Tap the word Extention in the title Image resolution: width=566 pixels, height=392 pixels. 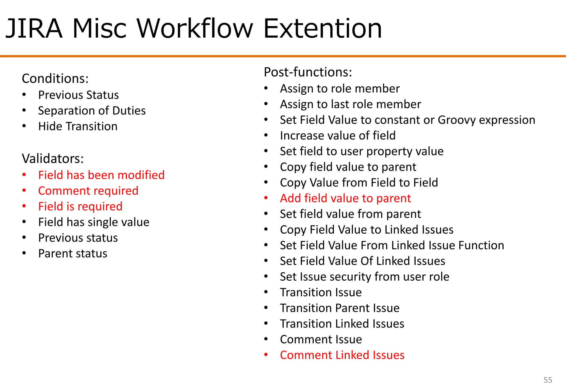pyautogui.click(x=323, y=28)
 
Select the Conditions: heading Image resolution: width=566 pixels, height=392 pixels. pyautogui.click(x=55, y=79)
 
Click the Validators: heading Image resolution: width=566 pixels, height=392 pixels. pyautogui.click(x=53, y=159)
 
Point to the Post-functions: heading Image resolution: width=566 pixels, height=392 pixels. pyautogui.click(x=308, y=72)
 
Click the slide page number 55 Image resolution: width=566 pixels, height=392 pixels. pyautogui.click(x=547, y=380)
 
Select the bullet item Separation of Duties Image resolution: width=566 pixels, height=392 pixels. pyautogui.click(x=92, y=111)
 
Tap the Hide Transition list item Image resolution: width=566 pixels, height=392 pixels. pyautogui.click(x=78, y=126)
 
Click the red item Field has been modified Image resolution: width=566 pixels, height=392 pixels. pyautogui.click(x=101, y=175)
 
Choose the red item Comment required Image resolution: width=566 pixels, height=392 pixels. pyautogui.click(x=88, y=191)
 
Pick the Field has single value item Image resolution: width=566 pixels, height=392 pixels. pyautogui.click(x=94, y=222)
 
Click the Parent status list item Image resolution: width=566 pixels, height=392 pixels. pyautogui.click(x=73, y=254)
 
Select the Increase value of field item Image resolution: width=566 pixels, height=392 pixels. pyautogui.click(x=338, y=136)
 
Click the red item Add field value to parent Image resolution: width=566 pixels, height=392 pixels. pyautogui.click(x=345, y=198)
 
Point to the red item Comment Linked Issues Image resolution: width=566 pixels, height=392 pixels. pyautogui.click(x=342, y=355)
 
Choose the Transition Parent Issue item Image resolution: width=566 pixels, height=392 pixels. pyautogui.click(x=340, y=308)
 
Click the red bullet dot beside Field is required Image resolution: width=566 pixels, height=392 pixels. pyautogui.click(x=24, y=206)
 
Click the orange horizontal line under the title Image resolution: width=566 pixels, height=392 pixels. pyautogui.click(x=283, y=56)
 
